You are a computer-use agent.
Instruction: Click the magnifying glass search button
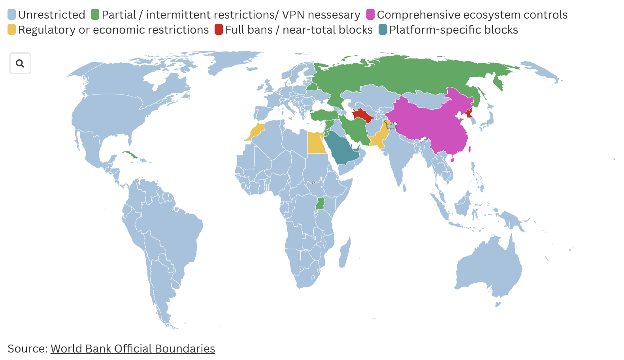coord(20,63)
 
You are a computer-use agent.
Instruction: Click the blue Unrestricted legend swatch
coord(12,15)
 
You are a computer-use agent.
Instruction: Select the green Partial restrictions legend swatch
coord(95,15)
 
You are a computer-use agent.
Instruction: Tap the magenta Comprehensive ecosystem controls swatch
coord(370,15)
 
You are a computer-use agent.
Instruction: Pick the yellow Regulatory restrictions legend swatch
coord(12,30)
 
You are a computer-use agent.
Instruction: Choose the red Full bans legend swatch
coord(219,30)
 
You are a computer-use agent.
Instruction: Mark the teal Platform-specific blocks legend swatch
coord(383,30)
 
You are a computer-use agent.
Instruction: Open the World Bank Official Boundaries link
coord(133,349)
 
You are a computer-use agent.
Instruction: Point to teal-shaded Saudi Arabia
coord(343,150)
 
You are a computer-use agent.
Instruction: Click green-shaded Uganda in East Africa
coord(320,204)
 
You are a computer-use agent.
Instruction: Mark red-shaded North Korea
coord(469,113)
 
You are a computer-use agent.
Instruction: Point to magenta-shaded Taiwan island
coord(469,149)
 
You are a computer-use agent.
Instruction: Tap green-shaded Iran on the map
coord(356,130)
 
